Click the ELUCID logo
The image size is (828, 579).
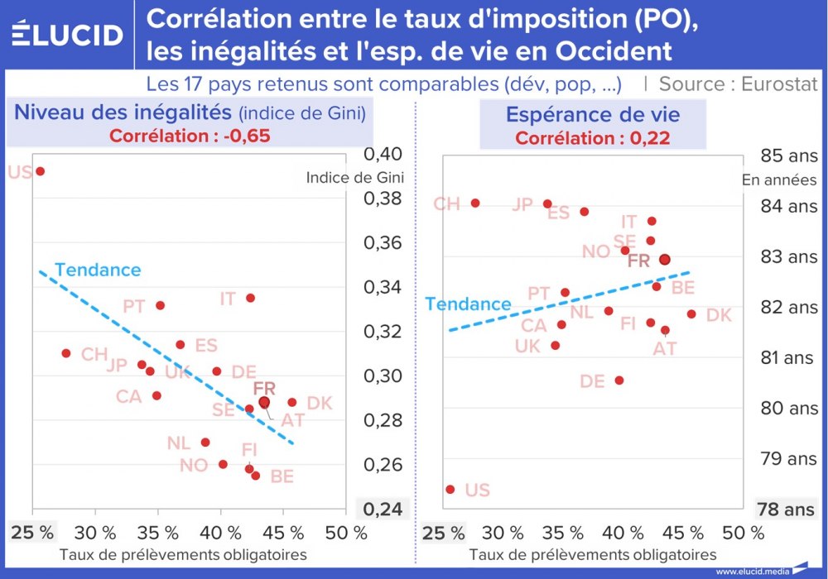point(68,35)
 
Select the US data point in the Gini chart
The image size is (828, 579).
point(40,171)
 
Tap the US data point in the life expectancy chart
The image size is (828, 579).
point(450,489)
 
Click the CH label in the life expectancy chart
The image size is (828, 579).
point(446,203)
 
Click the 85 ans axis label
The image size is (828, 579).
point(789,155)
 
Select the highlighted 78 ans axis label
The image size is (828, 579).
point(786,510)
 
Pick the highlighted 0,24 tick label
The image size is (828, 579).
point(382,510)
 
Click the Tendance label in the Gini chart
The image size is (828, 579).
point(98,270)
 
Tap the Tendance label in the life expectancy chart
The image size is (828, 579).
point(468,304)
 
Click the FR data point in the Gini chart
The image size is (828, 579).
point(264,402)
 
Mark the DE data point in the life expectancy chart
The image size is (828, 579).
point(619,380)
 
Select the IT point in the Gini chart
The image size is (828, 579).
point(250,298)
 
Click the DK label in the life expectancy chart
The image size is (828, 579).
point(719,315)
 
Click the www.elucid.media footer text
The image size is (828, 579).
point(750,571)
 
